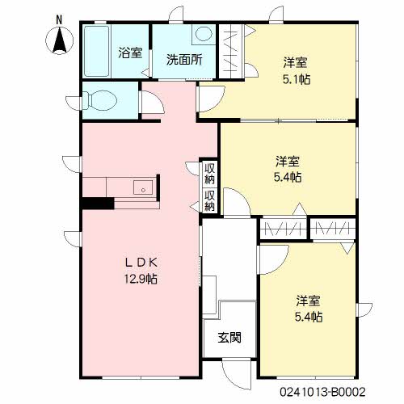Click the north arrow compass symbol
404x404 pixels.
tap(59, 41)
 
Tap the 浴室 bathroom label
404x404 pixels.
tap(130, 53)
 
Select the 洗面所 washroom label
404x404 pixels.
tap(184, 60)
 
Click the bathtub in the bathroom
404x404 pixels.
tap(97, 51)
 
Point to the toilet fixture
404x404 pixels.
tap(99, 101)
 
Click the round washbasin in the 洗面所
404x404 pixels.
tap(204, 34)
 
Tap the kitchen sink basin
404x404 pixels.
tap(143, 187)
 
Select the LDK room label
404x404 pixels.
tap(141, 263)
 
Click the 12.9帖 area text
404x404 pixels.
tap(141, 279)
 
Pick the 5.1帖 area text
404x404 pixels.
tap(297, 79)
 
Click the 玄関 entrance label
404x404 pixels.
tap(229, 338)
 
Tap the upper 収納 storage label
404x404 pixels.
tap(209, 174)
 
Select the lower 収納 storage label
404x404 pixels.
tap(209, 200)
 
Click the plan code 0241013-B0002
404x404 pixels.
tap(322, 392)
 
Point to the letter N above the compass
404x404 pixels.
tap(59, 20)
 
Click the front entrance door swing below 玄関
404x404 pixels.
tap(237, 374)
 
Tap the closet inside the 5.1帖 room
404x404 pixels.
tap(231, 51)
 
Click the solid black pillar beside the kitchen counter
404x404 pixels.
tap(98, 203)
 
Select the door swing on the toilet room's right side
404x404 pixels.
tap(153, 103)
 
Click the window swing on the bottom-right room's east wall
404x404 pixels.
tap(364, 310)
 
